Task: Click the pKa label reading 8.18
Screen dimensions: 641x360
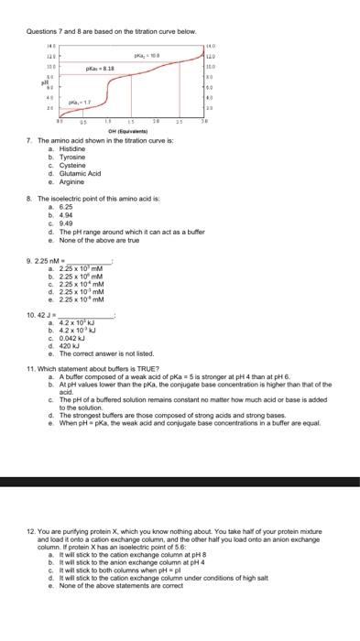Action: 101,69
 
